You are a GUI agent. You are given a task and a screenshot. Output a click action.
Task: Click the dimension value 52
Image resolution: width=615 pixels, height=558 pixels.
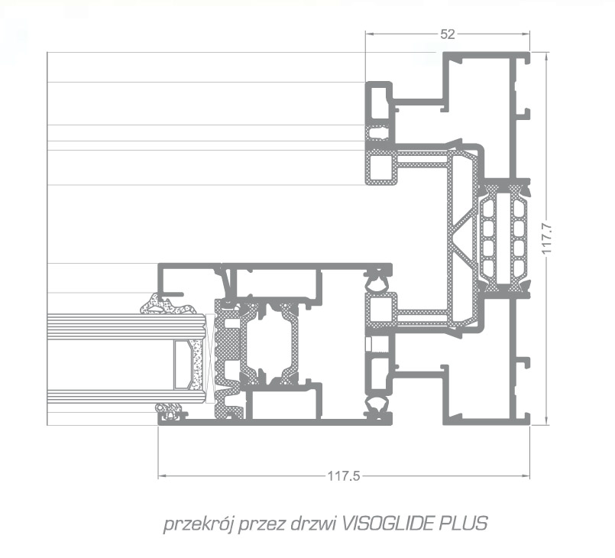[x=448, y=34]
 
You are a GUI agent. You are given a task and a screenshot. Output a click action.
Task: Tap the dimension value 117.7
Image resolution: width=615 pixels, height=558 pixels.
[x=547, y=238]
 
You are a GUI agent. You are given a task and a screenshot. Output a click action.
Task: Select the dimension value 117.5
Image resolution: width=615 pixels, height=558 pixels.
[x=344, y=476]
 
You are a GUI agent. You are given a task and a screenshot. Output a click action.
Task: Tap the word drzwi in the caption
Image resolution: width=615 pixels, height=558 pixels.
[x=312, y=524]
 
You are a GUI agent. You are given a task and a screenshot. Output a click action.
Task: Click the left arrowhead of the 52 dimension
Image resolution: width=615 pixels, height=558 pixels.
[x=370, y=34]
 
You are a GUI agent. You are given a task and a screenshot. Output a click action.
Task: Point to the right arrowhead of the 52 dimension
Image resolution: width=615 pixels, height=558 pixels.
[x=526, y=34]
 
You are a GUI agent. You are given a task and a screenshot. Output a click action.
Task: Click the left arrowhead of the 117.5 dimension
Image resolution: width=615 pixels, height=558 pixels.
[x=162, y=476]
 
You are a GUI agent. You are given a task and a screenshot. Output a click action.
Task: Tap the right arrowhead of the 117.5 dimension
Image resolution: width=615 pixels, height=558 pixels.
[x=526, y=476]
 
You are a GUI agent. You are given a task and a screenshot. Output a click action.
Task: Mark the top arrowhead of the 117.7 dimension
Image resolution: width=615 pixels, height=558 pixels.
[x=546, y=56]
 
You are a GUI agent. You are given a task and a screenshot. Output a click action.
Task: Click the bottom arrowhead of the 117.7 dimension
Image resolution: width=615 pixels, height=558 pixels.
[x=546, y=420]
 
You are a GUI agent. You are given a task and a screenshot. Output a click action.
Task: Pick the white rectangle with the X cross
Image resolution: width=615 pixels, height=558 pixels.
[x=210, y=358]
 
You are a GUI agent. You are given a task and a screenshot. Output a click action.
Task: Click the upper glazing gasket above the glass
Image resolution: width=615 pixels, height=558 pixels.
[x=168, y=304]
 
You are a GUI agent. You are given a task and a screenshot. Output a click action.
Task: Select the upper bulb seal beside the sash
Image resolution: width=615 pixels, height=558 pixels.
[x=377, y=280]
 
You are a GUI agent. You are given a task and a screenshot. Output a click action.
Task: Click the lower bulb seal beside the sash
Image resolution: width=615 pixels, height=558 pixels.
[x=377, y=407]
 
